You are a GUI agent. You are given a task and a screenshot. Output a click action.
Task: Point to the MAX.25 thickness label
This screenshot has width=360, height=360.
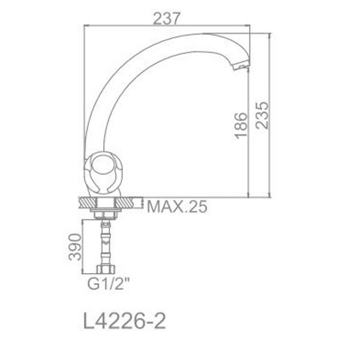coord(177,208)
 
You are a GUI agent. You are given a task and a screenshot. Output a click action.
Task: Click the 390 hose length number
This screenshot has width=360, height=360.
coord(74,247)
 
